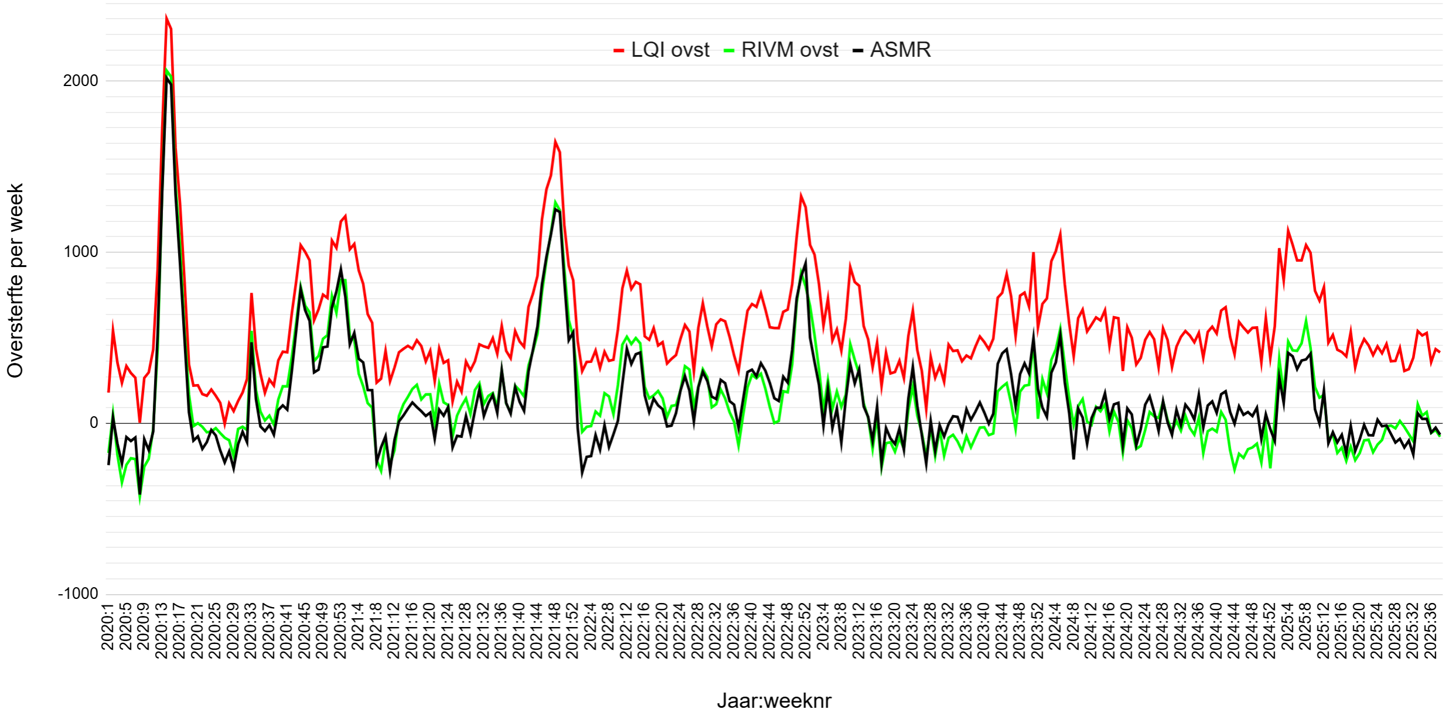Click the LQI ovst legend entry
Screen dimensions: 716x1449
pos(662,50)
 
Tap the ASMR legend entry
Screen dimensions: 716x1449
pos(892,50)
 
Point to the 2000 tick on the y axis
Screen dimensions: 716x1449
pos(81,81)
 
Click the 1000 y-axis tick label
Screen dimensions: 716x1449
pos(81,252)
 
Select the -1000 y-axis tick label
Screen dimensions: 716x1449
pos(78,594)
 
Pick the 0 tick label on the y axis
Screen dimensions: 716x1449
pos(94,423)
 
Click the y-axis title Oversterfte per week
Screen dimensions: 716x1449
pos(15,281)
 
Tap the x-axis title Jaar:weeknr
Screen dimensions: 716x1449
pos(774,701)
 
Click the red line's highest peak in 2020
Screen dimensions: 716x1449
pos(166,17)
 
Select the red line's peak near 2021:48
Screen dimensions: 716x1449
pos(555,141)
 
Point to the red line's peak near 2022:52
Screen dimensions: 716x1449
pos(801,194)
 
